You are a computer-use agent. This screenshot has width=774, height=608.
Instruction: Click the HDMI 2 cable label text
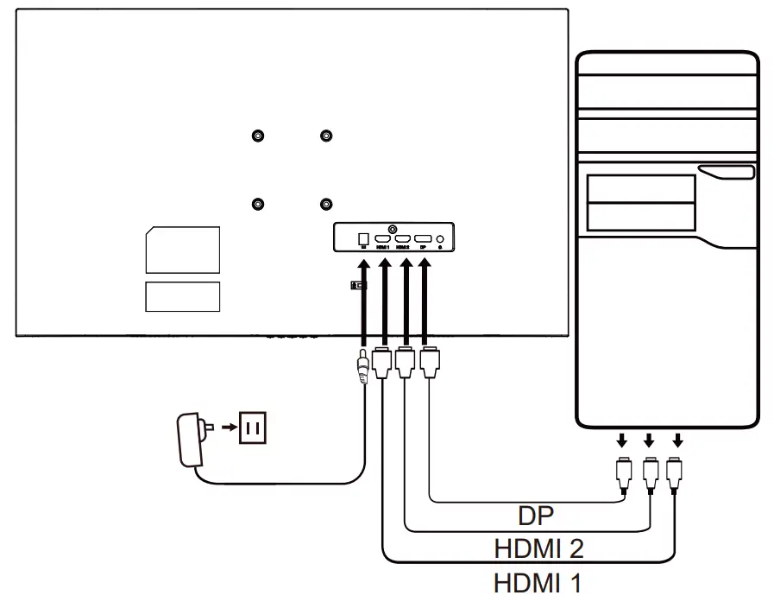(x=538, y=548)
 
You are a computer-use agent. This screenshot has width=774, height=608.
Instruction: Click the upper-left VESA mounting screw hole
(x=258, y=136)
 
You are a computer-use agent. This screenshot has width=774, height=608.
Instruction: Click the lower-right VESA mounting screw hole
(x=325, y=205)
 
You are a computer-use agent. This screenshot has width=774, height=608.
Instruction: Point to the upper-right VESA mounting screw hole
(x=325, y=136)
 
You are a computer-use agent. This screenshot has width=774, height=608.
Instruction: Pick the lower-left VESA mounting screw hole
(x=258, y=205)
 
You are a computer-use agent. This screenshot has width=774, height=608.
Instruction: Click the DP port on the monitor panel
(x=423, y=237)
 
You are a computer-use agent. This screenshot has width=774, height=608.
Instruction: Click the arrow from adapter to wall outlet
(x=225, y=426)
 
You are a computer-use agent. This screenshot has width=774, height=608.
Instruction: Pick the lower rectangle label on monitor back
(x=182, y=295)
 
